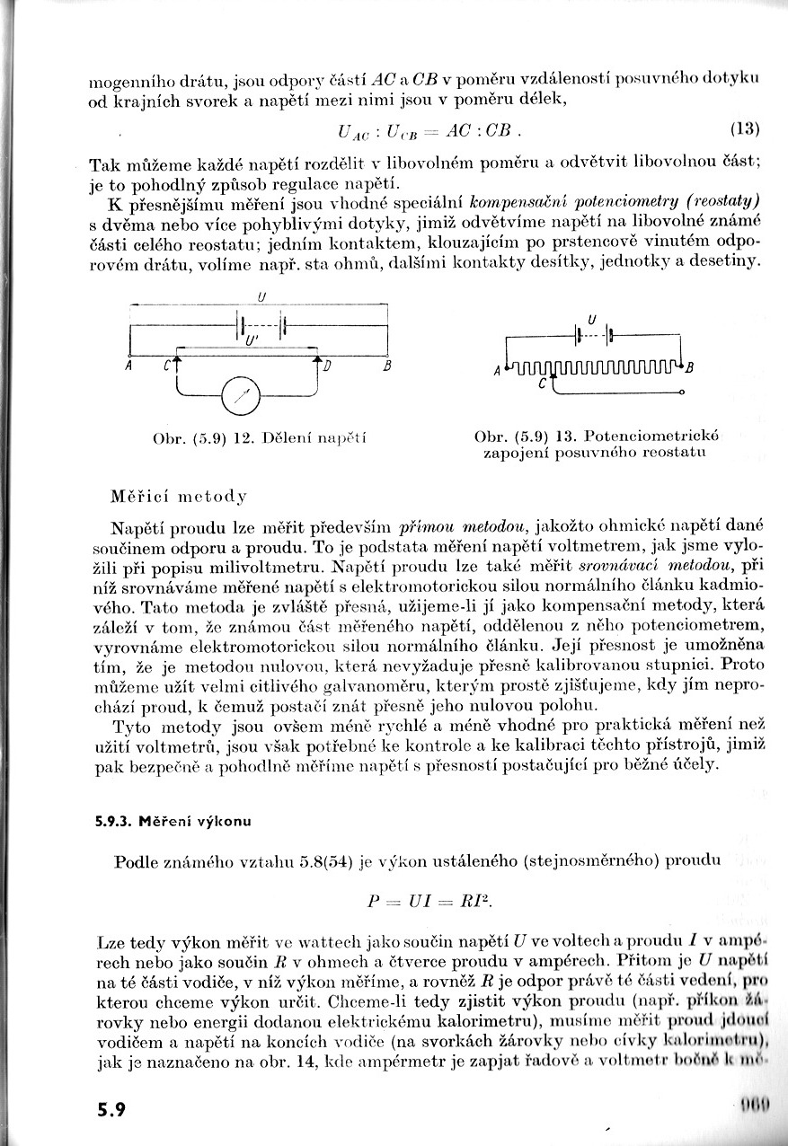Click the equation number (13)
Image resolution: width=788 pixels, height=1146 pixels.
745,128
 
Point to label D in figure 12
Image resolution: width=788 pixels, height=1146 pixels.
327,366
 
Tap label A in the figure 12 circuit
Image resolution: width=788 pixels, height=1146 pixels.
129,366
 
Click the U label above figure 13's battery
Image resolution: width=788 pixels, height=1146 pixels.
591,318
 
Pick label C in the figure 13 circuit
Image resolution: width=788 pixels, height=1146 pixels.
542,383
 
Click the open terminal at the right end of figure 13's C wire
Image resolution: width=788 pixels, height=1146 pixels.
681,392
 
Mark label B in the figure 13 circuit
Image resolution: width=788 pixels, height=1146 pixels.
690,366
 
